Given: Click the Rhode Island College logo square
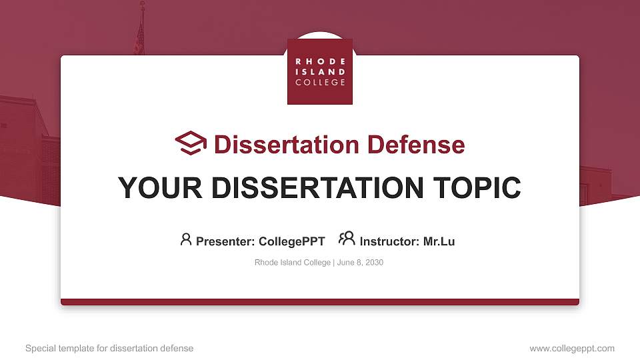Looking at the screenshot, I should pos(320,71).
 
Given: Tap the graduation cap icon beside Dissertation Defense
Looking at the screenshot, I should pos(191,143).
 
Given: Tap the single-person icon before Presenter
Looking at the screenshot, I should pos(186,239).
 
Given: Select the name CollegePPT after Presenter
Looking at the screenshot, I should pos(291,241).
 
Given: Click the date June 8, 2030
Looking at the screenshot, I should pos(360,263).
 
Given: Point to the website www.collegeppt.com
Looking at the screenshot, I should pos(572,348).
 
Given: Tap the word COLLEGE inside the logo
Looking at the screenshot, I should pos(320,82).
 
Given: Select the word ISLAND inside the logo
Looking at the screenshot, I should pos(320,71).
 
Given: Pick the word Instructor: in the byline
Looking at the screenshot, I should pos(390,241).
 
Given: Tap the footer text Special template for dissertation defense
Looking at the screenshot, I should pos(109,348).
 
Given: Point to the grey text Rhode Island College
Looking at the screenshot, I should pos(292,263).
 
